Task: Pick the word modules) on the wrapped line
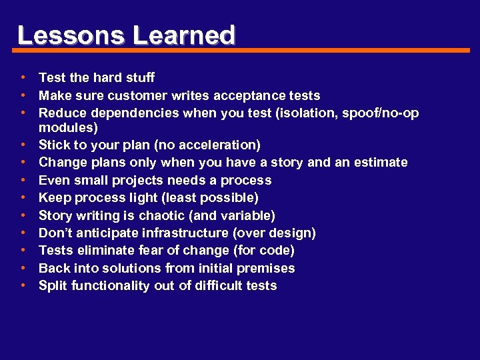click(x=68, y=127)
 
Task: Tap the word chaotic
click(x=161, y=215)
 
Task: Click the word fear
click(x=160, y=251)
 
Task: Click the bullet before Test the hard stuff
click(x=23, y=78)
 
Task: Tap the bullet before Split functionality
click(x=23, y=286)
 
